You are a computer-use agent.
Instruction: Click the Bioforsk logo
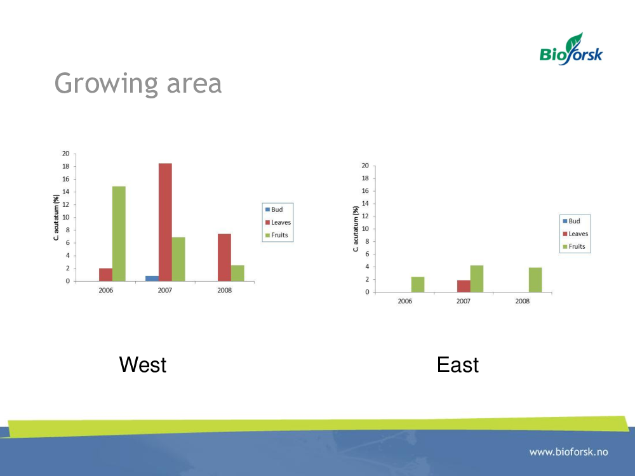[571, 49]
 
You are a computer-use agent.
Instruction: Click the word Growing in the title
[106, 84]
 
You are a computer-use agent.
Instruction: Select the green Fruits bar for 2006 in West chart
[119, 234]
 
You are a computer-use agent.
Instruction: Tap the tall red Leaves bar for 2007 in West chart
[165, 222]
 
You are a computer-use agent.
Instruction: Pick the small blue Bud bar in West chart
[152, 279]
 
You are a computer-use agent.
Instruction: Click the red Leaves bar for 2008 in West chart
[224, 258]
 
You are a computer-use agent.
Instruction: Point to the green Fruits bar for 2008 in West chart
[237, 273]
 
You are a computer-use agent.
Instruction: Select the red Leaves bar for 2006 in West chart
[105, 274]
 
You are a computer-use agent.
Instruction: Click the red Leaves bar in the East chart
[464, 286]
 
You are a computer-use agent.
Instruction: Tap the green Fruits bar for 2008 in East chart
[535, 280]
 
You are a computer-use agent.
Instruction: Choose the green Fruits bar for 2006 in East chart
[418, 284]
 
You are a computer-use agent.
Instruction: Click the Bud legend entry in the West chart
[274, 209]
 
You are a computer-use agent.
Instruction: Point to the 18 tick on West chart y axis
[65, 166]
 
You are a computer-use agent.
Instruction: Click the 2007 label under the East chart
[464, 301]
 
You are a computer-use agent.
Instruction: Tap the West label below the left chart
[142, 365]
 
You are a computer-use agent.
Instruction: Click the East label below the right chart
[458, 365]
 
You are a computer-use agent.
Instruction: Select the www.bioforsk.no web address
[568, 452]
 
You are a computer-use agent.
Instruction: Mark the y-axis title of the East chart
[356, 228]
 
